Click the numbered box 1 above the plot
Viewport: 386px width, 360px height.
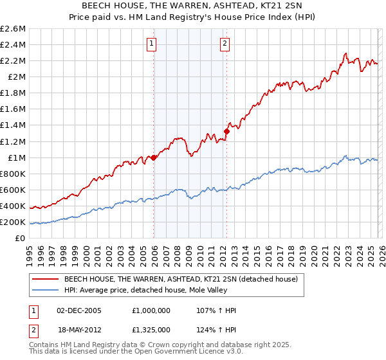pyautogui.click(x=151, y=44)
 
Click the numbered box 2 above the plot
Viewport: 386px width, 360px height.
pyautogui.click(x=225, y=44)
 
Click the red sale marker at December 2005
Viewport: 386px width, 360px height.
pyautogui.click(x=154, y=157)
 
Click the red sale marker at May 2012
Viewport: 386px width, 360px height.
pyautogui.click(x=226, y=131)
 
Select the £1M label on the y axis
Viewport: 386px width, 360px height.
pyautogui.click(x=15, y=157)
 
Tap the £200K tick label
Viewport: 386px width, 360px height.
pyautogui.click(x=13, y=222)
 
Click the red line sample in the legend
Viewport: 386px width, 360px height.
pyautogui.click(x=45, y=280)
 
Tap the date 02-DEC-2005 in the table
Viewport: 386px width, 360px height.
pyautogui.click(x=81, y=310)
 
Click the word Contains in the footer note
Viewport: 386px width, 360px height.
pyautogui.click(x=46, y=345)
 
